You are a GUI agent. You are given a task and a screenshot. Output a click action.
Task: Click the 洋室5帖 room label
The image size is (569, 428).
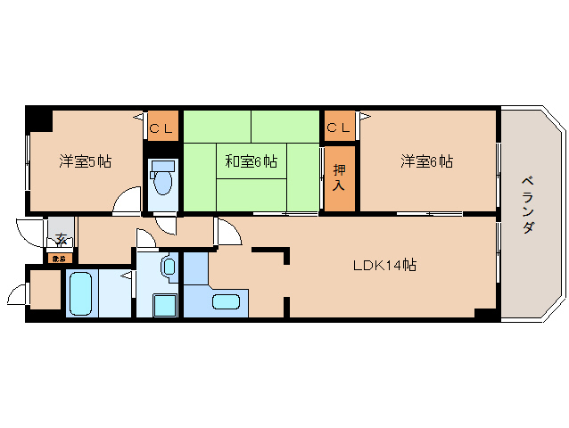point(86,161)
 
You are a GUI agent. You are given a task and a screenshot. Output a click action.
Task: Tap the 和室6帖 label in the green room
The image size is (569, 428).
point(251,161)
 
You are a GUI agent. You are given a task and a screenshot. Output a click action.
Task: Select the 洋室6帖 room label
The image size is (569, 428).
point(426,161)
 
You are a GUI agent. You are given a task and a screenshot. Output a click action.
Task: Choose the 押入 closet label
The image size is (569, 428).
point(339,177)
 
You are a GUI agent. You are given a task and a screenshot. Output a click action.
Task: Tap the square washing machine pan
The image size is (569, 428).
point(165,306)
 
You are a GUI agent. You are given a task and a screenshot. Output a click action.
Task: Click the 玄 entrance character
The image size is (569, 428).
point(61,239)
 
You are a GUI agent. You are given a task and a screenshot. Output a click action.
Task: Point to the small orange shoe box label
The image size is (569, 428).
point(58,259)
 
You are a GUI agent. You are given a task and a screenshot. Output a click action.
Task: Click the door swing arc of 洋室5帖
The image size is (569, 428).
point(127,200)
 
